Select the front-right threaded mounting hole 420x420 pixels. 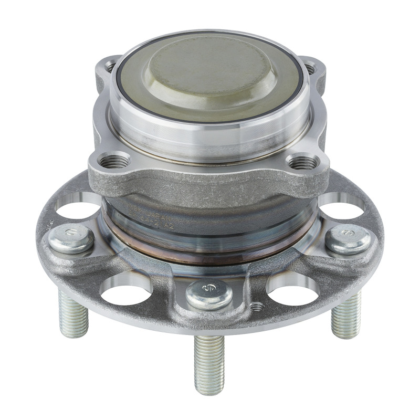click(x=303, y=163)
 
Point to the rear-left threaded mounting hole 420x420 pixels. click(x=110, y=67)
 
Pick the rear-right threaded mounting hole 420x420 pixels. click(x=310, y=68)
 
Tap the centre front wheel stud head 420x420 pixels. click(x=209, y=294)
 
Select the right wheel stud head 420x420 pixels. click(x=348, y=238)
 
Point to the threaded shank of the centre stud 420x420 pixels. click(x=209, y=362)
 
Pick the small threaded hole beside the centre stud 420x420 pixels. click(x=257, y=306)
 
